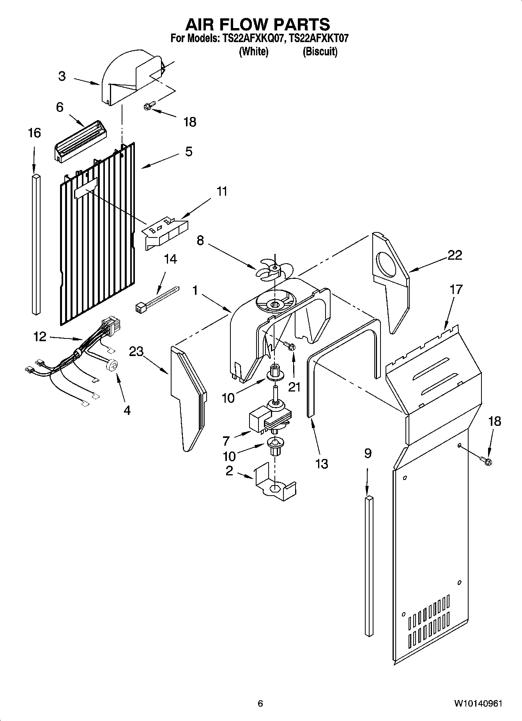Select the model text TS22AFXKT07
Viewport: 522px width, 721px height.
point(319,39)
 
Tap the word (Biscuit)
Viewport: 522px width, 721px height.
point(320,51)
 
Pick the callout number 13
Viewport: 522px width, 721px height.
point(322,464)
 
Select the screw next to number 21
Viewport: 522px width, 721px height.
point(290,346)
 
